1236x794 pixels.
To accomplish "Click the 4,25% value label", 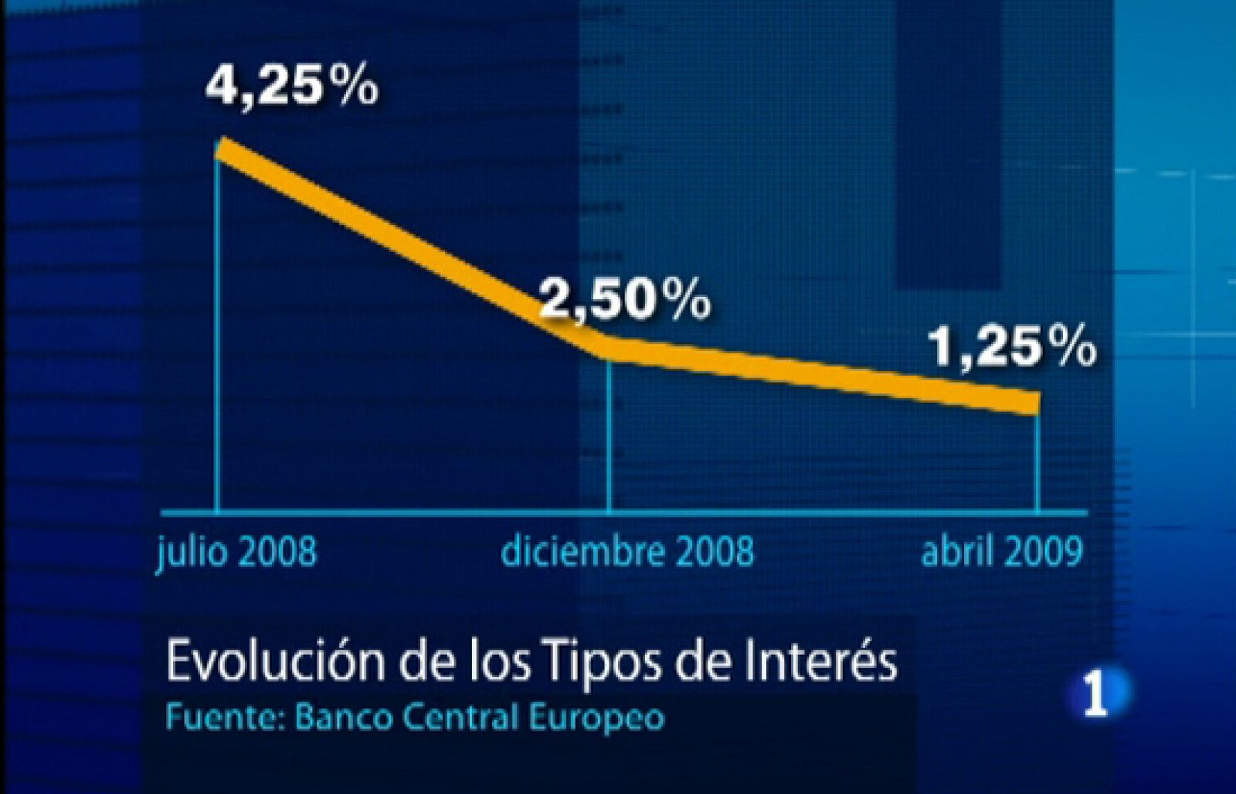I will click(x=292, y=84).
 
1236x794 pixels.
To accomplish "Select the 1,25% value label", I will click(x=1011, y=347).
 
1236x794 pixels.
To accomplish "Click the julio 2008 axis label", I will click(x=236, y=552).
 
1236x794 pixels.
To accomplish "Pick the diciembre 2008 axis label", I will click(x=627, y=552).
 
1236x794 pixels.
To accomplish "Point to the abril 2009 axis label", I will click(x=1002, y=552).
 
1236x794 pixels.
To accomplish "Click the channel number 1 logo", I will click(x=1097, y=693).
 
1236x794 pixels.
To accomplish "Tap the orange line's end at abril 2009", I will click(x=1034, y=402).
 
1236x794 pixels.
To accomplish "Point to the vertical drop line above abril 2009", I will click(x=1037, y=464).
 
